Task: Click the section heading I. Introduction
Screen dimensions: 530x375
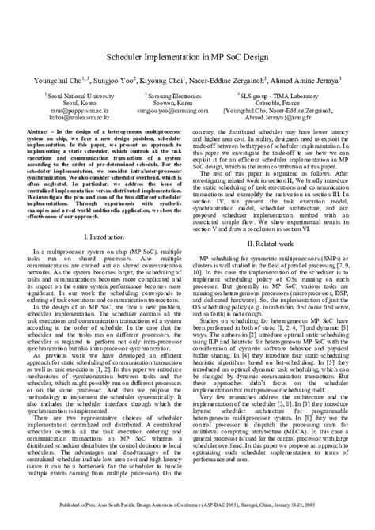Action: coord(105,236)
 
